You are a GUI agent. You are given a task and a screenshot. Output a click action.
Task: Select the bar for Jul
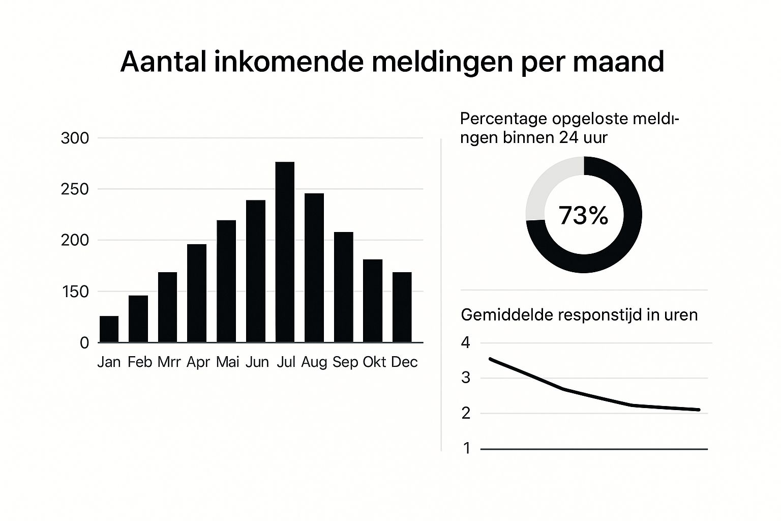click(285, 252)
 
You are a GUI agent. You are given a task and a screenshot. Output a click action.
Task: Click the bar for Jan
click(109, 329)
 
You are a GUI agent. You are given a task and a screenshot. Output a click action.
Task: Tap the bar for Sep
click(343, 287)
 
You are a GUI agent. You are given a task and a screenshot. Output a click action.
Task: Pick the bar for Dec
click(402, 307)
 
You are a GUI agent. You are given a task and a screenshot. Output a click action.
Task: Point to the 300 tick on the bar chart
click(75, 138)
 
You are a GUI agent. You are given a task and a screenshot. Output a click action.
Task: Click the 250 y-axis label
click(75, 189)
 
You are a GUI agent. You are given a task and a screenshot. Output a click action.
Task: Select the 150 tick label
click(75, 292)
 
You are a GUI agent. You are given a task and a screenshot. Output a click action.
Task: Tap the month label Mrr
click(169, 362)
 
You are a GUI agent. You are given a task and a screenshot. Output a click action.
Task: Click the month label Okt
click(374, 362)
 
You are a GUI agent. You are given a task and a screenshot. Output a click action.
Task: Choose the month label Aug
click(314, 362)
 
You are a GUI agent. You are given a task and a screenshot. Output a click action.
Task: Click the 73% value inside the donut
click(583, 216)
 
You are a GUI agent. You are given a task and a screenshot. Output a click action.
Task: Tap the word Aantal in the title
click(163, 62)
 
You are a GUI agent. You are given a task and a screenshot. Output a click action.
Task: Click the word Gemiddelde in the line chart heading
click(506, 315)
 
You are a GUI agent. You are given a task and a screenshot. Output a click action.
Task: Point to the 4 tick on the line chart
click(466, 343)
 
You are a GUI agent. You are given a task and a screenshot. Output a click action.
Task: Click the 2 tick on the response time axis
click(466, 413)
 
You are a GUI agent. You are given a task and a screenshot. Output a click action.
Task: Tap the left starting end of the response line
click(491, 359)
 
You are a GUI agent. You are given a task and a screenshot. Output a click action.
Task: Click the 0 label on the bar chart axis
click(84, 343)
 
